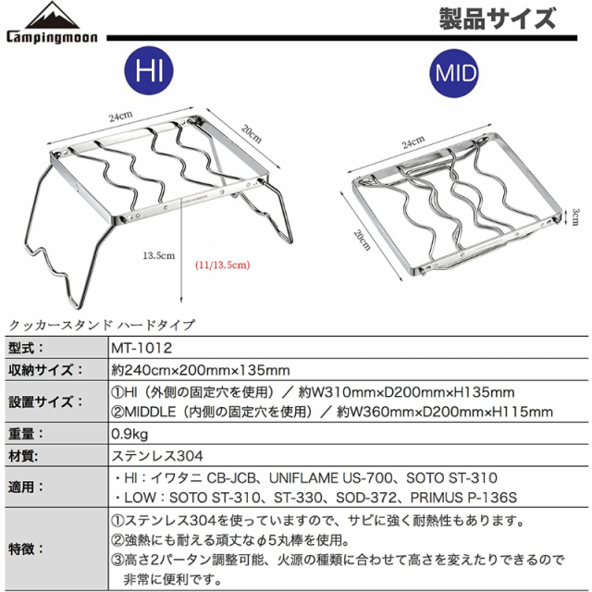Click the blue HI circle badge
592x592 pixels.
coord(149,70)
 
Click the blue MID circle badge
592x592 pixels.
coord(454,73)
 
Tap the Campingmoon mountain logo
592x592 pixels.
coord(52,22)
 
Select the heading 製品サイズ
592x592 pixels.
coord(498,18)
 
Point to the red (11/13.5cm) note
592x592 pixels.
coord(223,265)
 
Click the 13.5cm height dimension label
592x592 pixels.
coord(159,255)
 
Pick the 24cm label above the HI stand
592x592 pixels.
coord(121,117)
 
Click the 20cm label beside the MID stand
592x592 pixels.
coord(362,240)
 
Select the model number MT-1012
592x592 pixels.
coord(142,348)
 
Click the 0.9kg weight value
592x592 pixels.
coord(129,434)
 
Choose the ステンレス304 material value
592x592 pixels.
coord(157,456)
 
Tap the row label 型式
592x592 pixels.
coord(26,348)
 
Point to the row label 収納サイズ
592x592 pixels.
coord(45,370)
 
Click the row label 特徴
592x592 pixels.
coord(26,549)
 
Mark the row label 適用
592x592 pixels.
coord(26,487)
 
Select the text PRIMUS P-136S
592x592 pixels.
coord(463,498)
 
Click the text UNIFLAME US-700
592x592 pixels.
coord(330,478)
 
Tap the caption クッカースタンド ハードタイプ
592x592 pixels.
coord(102,325)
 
